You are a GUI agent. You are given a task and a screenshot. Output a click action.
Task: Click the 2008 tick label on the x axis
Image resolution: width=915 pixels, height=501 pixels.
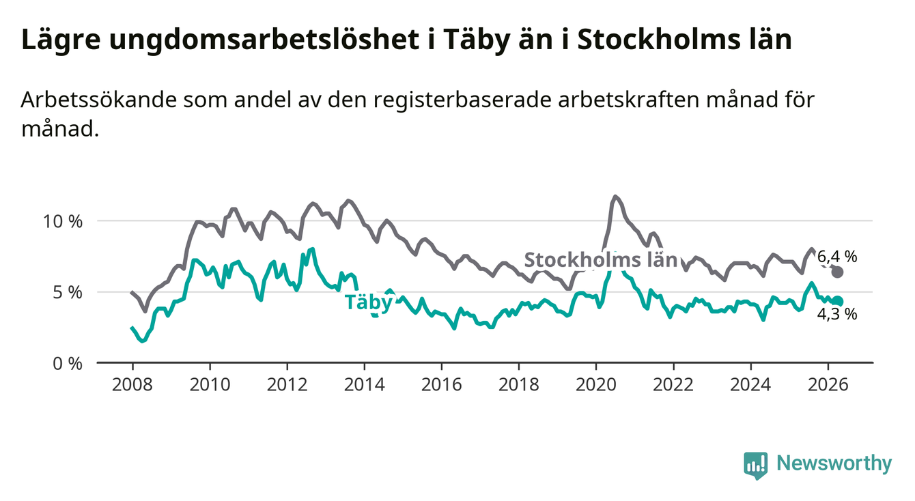132,385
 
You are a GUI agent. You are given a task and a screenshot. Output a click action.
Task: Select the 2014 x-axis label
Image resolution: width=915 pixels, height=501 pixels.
365,385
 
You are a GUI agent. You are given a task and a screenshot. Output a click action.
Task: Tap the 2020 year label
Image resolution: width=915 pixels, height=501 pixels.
596,385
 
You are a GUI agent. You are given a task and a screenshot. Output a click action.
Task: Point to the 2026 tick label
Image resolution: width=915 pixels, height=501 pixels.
828,385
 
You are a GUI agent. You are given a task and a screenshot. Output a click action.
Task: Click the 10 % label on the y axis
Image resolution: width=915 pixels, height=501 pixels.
63,222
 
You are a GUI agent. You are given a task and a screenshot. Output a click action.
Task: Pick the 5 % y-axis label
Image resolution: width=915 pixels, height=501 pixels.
68,293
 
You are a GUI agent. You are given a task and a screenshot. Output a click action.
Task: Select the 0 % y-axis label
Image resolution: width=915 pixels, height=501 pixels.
68,364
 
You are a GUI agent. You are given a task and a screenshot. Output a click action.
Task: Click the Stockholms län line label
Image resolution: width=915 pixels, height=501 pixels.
601,260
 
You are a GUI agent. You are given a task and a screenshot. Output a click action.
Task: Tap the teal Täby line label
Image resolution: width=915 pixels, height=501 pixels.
369,303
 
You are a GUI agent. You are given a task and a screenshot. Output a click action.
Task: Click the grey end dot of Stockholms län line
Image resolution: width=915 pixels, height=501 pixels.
837,272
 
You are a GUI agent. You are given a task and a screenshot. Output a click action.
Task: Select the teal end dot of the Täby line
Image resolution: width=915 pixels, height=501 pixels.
837,301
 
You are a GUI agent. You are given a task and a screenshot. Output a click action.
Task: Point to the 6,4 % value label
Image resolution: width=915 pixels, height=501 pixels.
837,257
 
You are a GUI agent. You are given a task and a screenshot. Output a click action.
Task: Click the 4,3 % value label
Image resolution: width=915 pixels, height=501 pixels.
837,315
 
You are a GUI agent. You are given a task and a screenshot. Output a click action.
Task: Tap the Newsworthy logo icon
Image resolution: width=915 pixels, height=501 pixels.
756,466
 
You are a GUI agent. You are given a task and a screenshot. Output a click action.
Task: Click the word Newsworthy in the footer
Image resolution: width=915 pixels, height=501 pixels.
834,463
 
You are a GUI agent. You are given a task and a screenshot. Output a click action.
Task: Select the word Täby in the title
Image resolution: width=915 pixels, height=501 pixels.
477,40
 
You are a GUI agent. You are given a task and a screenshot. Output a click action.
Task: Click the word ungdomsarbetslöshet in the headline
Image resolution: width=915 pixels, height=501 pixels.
264,40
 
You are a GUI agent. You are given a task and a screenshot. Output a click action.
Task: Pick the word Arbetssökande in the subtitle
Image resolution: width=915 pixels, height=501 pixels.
98,100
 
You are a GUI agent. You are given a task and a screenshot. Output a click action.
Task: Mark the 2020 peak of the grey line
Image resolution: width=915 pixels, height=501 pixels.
615,197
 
